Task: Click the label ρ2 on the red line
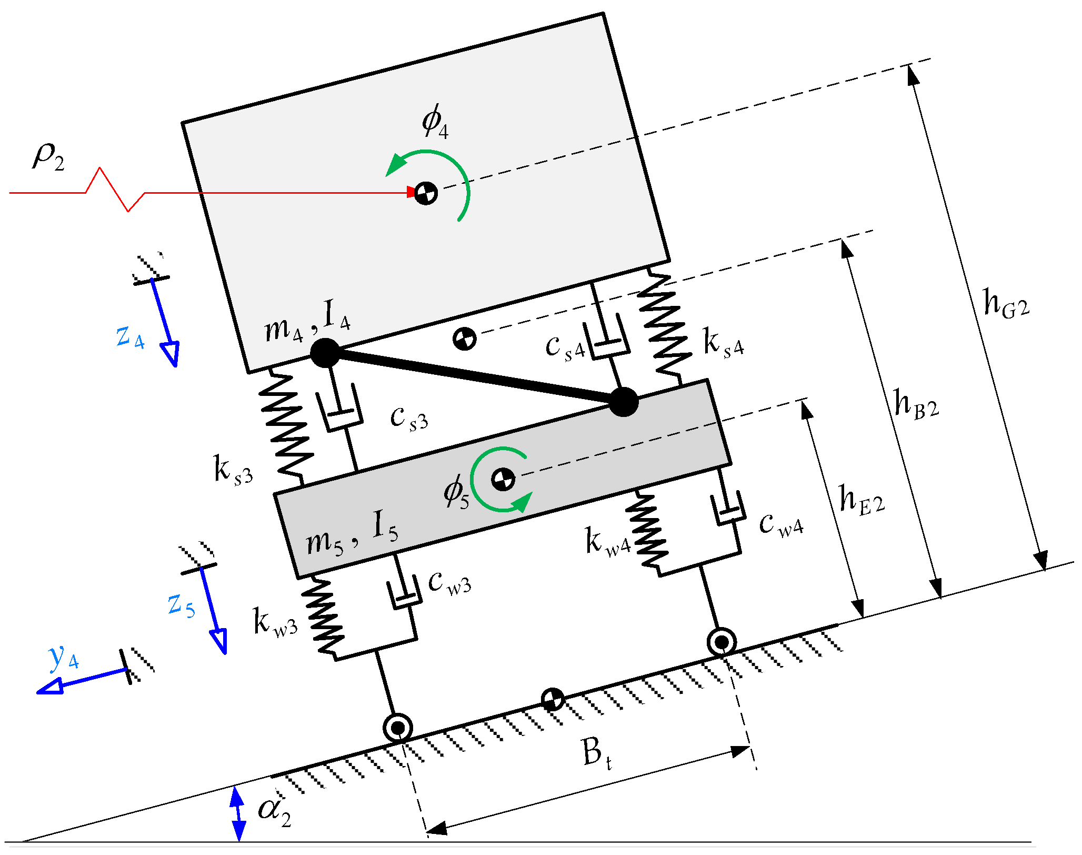tap(48, 157)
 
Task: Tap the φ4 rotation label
tap(435, 122)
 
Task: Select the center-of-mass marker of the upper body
tap(426, 193)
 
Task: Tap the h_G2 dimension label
tap(1006, 304)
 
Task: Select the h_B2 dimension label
tap(916, 405)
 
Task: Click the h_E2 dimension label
tap(861, 500)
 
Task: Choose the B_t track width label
tap(597, 753)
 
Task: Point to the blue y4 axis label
tap(64, 658)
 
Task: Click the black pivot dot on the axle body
tap(624, 402)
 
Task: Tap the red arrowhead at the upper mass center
tap(412, 193)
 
